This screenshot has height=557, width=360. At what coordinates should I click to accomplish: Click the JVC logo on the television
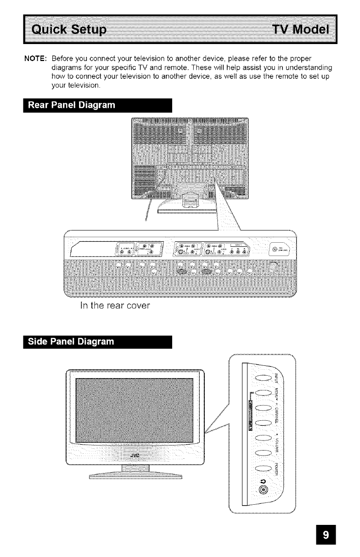pos(135,456)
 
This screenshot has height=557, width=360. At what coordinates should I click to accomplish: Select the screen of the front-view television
pos(134,410)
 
